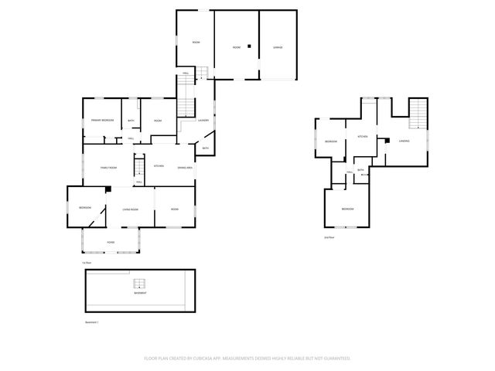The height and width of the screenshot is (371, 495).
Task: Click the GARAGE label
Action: pos(277,47)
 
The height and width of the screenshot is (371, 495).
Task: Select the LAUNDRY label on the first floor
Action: pos(204,121)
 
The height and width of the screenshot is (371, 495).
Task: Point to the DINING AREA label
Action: pos(185,167)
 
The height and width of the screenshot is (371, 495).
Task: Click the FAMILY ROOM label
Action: pos(108,168)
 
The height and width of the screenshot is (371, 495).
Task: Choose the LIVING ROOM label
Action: pos(129,209)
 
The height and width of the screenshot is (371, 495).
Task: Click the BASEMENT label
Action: pos(139,294)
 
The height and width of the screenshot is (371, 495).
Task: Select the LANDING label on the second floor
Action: pos(404,141)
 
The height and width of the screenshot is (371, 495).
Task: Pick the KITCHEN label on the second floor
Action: pos(361,136)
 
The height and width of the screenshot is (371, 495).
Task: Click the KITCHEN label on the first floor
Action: pos(159,167)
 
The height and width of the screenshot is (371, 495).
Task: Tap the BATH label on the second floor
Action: pos(360,170)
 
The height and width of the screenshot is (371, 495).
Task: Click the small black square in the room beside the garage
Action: pos(249,46)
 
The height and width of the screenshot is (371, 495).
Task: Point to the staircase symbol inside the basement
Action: pos(140,284)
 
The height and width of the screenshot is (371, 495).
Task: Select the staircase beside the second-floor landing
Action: pos(418,114)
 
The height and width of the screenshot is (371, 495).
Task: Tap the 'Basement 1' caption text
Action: pos(92,322)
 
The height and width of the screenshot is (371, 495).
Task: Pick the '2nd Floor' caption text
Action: pos(329,237)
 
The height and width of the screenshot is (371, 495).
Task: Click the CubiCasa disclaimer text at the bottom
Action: pos(247,358)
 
